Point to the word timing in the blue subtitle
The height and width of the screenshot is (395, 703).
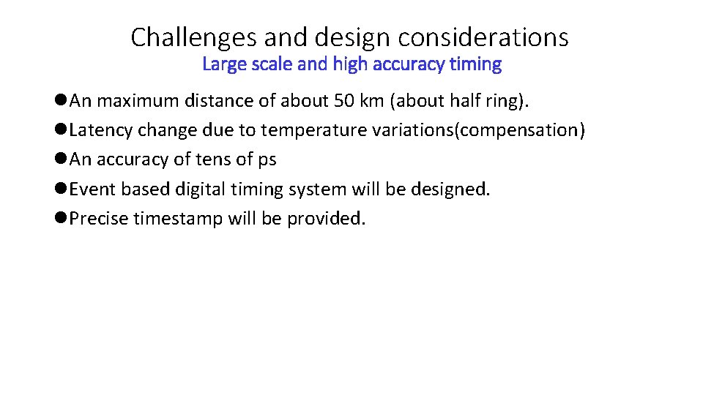[476, 64]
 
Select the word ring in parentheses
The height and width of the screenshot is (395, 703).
[505, 101]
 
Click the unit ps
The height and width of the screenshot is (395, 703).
[267, 159]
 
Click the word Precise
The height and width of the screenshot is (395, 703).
[99, 218]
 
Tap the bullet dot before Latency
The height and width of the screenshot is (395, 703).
[61, 130]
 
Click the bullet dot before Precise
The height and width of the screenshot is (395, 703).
[61, 218]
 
